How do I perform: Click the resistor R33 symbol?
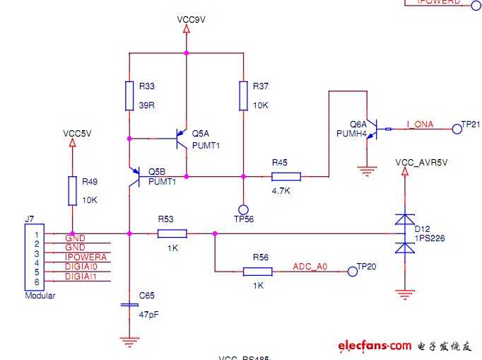(x=129, y=96)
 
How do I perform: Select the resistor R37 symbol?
(x=243, y=96)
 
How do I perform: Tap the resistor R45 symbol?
(x=286, y=176)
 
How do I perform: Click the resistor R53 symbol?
(x=172, y=233)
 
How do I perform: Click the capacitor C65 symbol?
(x=129, y=304)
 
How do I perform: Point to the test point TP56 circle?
(x=243, y=209)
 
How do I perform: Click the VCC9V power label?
(x=191, y=20)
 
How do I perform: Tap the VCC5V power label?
(x=77, y=133)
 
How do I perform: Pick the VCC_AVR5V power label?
(x=421, y=163)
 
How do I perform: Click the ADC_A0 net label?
(x=310, y=267)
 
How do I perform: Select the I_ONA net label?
(x=420, y=124)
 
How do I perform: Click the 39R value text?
(x=148, y=105)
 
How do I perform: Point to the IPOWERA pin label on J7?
(x=86, y=257)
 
